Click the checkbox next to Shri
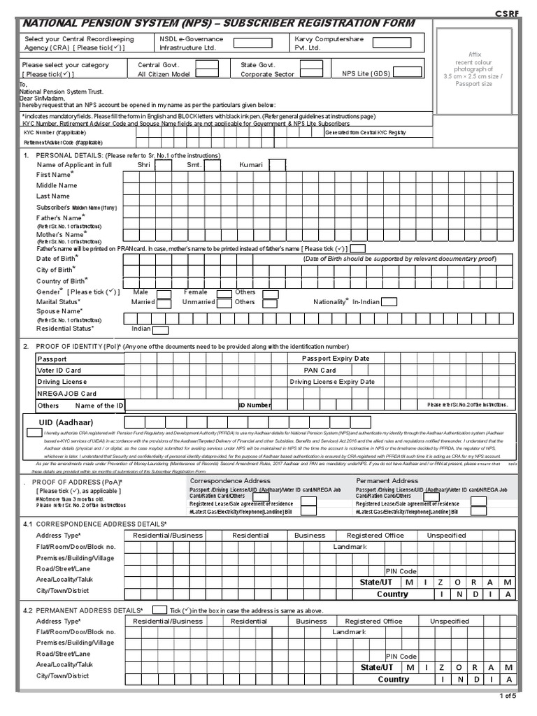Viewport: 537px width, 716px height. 163,165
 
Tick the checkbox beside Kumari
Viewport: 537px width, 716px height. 278,165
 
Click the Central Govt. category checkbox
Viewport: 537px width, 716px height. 206,68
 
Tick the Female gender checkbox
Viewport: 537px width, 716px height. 224,292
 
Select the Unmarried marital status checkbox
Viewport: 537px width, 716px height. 224,303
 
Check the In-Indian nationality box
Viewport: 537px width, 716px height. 389,302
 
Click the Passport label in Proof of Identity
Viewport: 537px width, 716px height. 52,359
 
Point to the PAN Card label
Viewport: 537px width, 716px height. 320,371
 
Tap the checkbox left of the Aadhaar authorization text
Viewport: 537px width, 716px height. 33,433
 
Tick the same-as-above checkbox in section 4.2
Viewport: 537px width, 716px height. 159,610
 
